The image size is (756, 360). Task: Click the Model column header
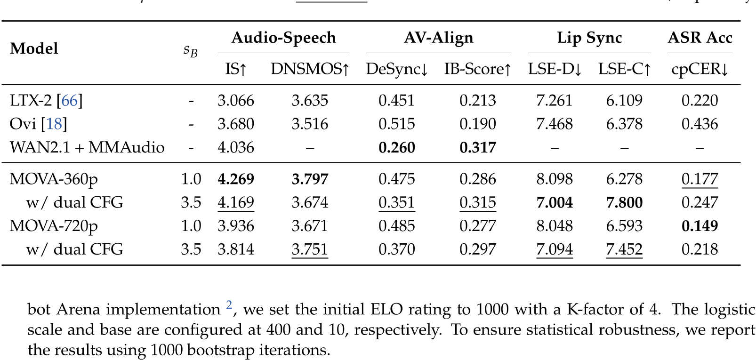[34, 48]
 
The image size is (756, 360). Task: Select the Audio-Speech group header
[283, 38]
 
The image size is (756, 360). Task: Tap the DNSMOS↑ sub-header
[310, 69]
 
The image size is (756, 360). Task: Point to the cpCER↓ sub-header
[700, 69]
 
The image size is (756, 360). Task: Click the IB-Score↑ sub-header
[477, 69]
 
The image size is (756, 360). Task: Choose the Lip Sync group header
[589, 38]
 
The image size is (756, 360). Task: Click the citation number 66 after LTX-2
[70, 100]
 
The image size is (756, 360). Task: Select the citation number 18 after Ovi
[54, 124]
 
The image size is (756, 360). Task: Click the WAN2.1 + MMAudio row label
[87, 147]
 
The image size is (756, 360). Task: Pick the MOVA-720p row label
[54, 226]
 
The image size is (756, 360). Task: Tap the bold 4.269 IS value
[236, 179]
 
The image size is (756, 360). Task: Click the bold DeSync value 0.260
[397, 147]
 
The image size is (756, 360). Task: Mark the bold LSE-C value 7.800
[624, 202]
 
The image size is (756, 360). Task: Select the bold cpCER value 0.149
[700, 226]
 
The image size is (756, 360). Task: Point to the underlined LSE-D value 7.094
[555, 249]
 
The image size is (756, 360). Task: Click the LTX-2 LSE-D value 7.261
[555, 100]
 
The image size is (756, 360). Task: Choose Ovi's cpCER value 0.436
[700, 124]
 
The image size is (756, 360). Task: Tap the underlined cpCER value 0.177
[700, 179]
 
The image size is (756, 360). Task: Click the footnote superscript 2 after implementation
[229, 305]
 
